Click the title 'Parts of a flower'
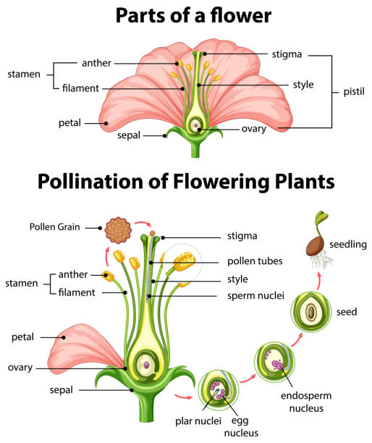point(185,16)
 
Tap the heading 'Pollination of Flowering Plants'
point(185,179)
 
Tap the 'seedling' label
point(348,245)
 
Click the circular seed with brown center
point(311,313)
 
